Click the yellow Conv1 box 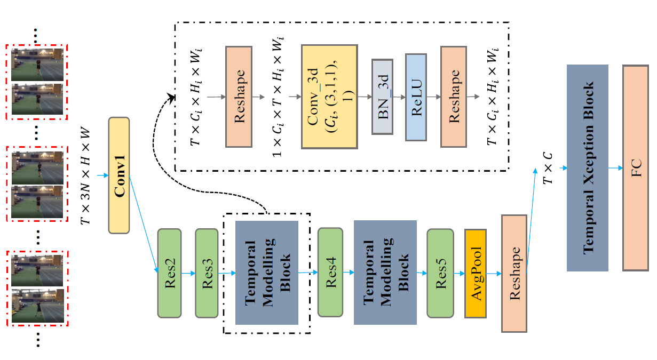click(x=119, y=175)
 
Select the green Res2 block click(x=170, y=273)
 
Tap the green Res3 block click(x=207, y=273)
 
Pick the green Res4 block click(x=330, y=273)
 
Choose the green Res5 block click(x=440, y=273)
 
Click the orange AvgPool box click(x=476, y=274)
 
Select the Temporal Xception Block click(x=588, y=168)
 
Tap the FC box click(x=636, y=168)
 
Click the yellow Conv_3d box click(x=329, y=97)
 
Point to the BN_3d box click(x=383, y=97)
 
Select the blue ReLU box click(x=416, y=97)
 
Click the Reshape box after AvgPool click(x=514, y=274)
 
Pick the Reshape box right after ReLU click(x=454, y=97)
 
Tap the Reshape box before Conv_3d click(x=239, y=97)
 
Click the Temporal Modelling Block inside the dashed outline click(x=267, y=273)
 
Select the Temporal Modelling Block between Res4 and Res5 click(x=385, y=273)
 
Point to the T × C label click(x=548, y=169)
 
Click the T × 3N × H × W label click(x=85, y=175)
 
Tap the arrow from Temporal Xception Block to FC click(x=616, y=168)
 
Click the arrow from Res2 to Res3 click(x=188, y=273)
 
